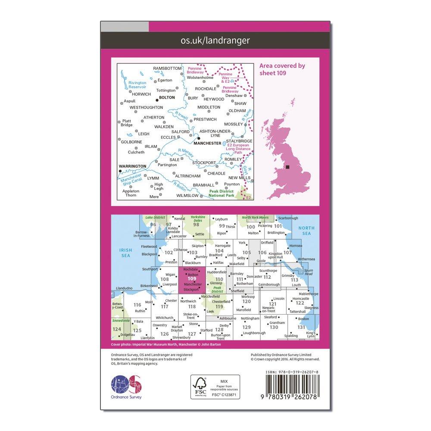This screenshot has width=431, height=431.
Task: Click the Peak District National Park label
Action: [222, 194]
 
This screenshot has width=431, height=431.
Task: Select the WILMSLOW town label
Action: [187, 196]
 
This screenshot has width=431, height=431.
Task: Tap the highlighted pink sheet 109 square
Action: [196, 279]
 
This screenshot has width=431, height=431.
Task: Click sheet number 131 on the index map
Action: [301, 327]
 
